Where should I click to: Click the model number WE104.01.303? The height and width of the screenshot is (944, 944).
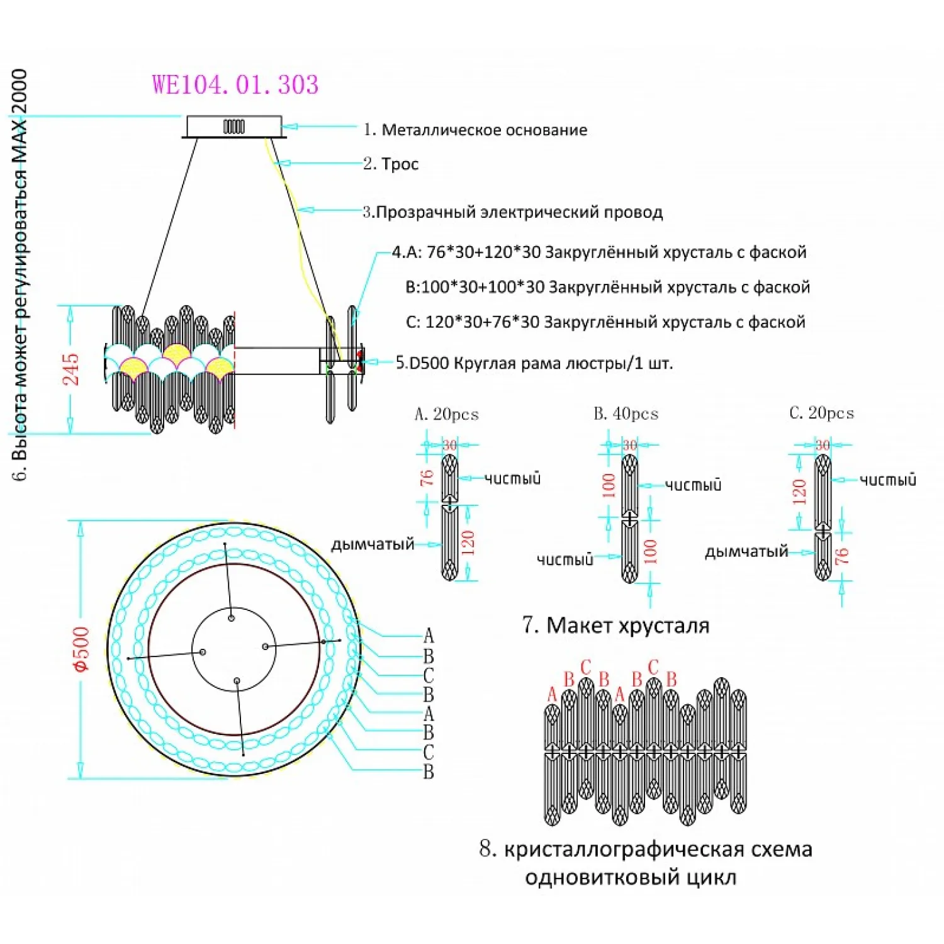tap(235, 85)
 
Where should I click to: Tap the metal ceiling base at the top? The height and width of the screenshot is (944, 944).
tap(233, 126)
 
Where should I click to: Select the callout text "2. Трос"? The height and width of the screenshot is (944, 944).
tap(391, 164)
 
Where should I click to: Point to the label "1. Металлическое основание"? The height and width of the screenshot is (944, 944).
tap(475, 130)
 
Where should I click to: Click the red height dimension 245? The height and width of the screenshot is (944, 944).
tap(71, 369)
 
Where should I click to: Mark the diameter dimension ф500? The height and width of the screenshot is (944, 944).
tap(82, 649)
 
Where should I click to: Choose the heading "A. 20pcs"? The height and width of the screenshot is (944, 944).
tap(447, 415)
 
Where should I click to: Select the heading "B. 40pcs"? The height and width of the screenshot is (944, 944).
tap(626, 414)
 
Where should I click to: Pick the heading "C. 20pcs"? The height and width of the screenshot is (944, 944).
tap(822, 413)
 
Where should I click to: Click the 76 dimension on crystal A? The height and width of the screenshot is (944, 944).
tap(427, 478)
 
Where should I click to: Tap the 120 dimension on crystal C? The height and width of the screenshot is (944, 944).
tap(799, 492)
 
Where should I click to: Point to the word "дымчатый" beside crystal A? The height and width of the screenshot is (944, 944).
tap(373, 544)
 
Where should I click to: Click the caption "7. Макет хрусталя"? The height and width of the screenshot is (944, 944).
tap(616, 626)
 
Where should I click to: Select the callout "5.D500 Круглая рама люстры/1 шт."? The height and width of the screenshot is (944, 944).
tap(534, 364)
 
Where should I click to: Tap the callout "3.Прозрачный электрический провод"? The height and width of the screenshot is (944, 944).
tap(513, 212)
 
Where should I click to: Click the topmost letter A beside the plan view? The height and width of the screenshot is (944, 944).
tap(429, 636)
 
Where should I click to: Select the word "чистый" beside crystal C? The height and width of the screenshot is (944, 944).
tap(888, 480)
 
